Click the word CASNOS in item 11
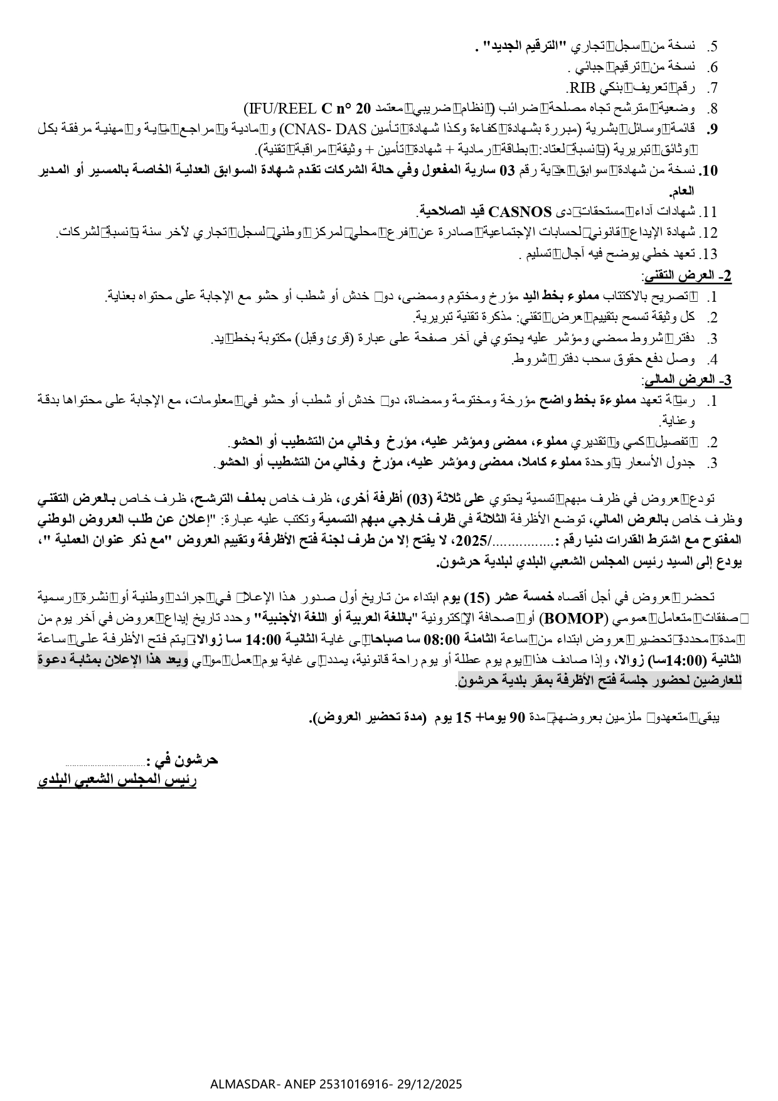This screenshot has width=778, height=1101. point(520,211)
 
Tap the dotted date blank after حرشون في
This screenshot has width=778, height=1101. point(105,763)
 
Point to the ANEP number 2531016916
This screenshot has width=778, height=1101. point(353,1083)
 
